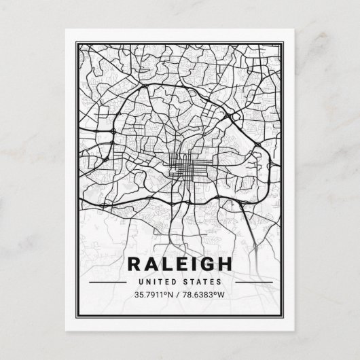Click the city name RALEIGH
click(181, 263)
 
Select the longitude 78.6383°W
click(208, 295)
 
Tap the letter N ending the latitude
click(174, 295)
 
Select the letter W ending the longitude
click(228, 295)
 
